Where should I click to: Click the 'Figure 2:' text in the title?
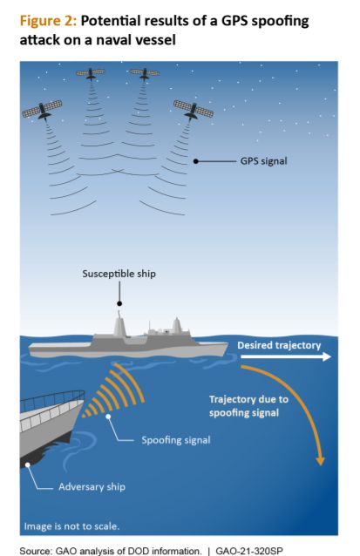click(x=48, y=21)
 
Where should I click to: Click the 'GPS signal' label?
click(x=263, y=161)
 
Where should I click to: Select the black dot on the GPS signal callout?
click(x=195, y=161)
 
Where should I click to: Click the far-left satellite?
click(x=42, y=110)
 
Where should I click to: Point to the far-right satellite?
click(x=194, y=110)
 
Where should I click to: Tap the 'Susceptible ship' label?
click(x=119, y=275)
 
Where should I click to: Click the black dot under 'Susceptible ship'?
click(x=119, y=303)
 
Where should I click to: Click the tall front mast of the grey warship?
click(x=119, y=324)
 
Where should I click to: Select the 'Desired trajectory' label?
click(x=279, y=345)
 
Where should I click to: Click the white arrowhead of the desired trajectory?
click(x=327, y=356)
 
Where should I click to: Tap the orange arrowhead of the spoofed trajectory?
click(x=320, y=460)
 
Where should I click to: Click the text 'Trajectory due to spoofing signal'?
click(x=248, y=406)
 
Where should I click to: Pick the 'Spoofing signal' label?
click(x=176, y=440)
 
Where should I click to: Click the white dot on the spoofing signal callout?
click(x=108, y=417)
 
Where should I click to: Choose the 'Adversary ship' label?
click(x=92, y=487)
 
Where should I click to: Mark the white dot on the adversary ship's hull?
click(x=27, y=464)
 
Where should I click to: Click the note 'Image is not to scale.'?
click(x=71, y=526)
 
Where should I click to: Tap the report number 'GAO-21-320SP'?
click(x=249, y=551)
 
